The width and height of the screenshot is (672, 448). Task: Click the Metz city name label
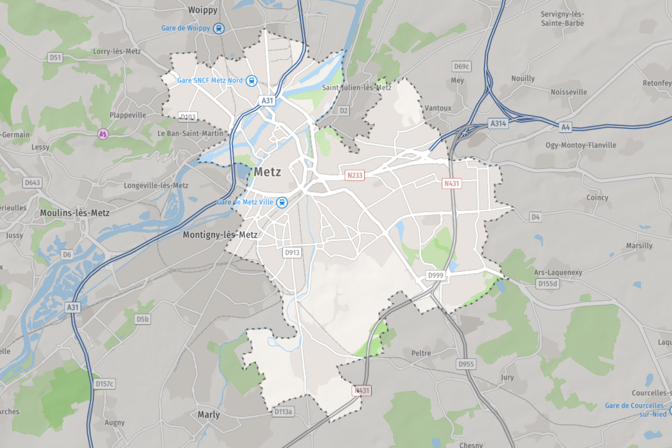pyautogui.click(x=267, y=172)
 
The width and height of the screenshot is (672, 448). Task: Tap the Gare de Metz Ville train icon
pyautogui.click(x=282, y=202)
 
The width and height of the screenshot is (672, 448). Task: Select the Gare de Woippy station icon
pyautogui.click(x=219, y=28)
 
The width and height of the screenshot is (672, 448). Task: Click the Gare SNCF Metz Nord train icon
pyautogui.click(x=251, y=81)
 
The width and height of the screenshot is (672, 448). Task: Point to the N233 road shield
pyautogui.click(x=355, y=175)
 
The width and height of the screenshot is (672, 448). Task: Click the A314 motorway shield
pyautogui.click(x=498, y=124)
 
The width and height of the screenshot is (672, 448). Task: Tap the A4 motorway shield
pyautogui.click(x=566, y=127)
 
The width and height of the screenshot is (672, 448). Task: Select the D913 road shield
pyautogui.click(x=292, y=252)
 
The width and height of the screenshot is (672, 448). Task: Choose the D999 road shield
pyautogui.click(x=436, y=275)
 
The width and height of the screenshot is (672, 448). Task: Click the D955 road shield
pyautogui.click(x=466, y=364)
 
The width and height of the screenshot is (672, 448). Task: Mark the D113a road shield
pyautogui.click(x=283, y=412)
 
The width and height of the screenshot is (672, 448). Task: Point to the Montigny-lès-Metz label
pyautogui.click(x=220, y=234)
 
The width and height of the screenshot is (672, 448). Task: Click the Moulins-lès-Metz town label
pyautogui.click(x=75, y=213)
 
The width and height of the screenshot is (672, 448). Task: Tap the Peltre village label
pyautogui.click(x=421, y=353)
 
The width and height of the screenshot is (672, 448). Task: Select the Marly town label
pyautogui.click(x=209, y=415)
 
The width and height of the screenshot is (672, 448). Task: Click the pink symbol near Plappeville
pyautogui.click(x=103, y=134)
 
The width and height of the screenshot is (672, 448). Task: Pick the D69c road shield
pyautogui.click(x=461, y=66)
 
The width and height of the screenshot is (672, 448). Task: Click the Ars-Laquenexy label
pyautogui.click(x=558, y=272)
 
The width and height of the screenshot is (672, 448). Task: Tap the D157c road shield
pyautogui.click(x=105, y=384)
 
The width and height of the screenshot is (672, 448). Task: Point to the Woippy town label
pyautogui.click(x=203, y=10)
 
